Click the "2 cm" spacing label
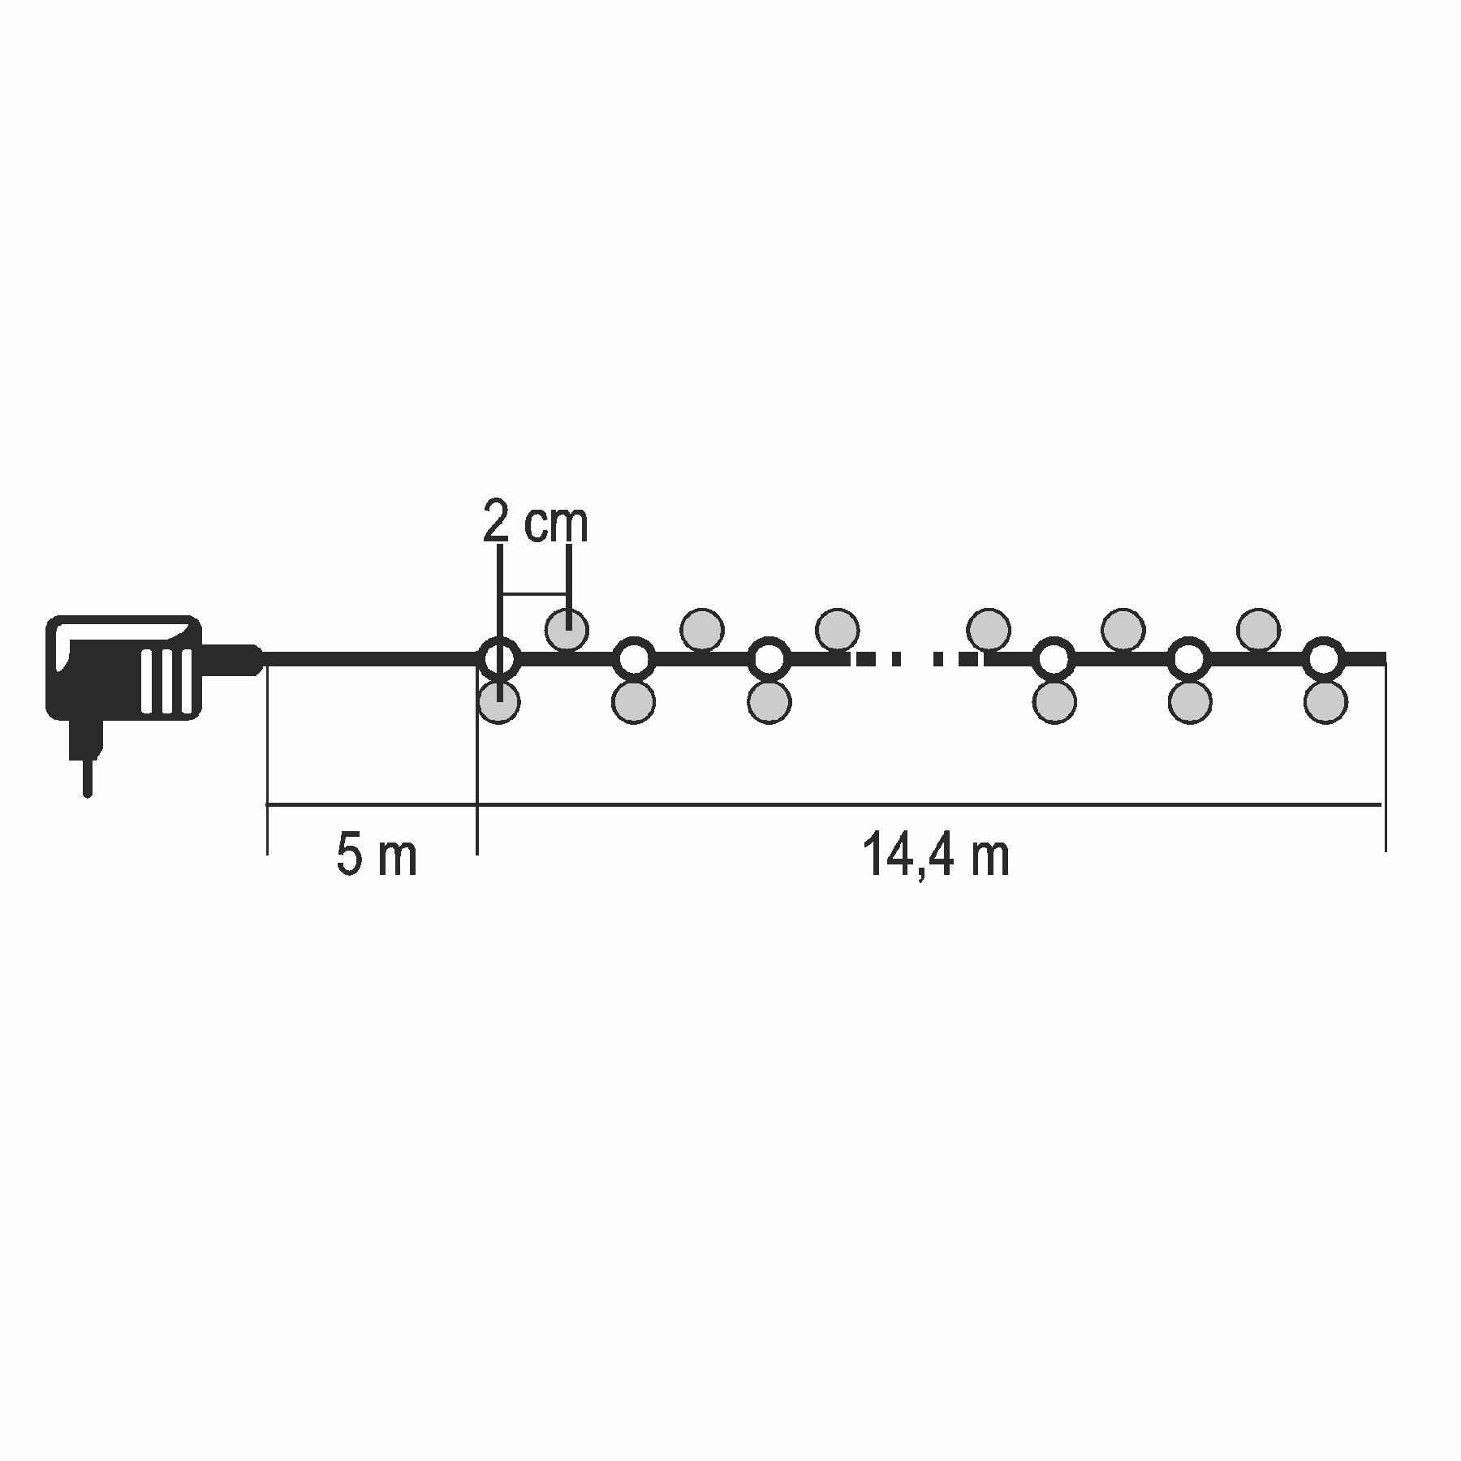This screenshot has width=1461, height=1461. (535, 523)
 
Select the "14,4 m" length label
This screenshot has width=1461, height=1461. (936, 855)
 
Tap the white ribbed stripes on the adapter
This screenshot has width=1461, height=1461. (168, 681)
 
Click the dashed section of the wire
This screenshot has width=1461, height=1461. (917, 659)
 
